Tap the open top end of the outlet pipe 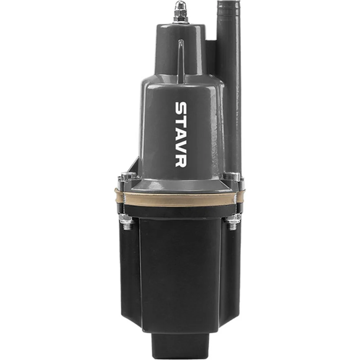pyautogui.click(x=228, y=2)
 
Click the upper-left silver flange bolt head pyautogui.click(x=128, y=176)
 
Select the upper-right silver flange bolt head pyautogui.click(x=232, y=176)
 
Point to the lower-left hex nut pyautogui.click(x=126, y=218)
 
